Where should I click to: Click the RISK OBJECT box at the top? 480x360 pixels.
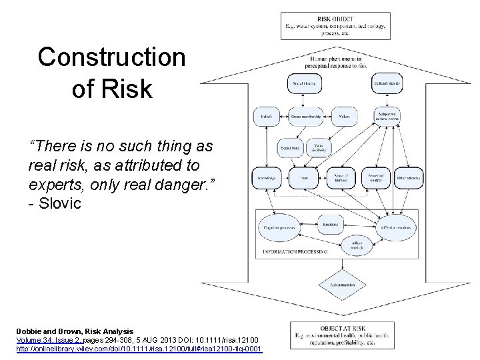[x=336, y=26]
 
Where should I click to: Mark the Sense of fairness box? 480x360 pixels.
[x=341, y=178]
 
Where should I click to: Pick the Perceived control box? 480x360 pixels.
[x=375, y=178]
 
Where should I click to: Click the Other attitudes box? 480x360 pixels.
[x=408, y=178]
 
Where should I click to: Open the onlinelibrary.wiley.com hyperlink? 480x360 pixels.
[x=140, y=349]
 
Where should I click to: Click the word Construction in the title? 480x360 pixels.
[x=111, y=57]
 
